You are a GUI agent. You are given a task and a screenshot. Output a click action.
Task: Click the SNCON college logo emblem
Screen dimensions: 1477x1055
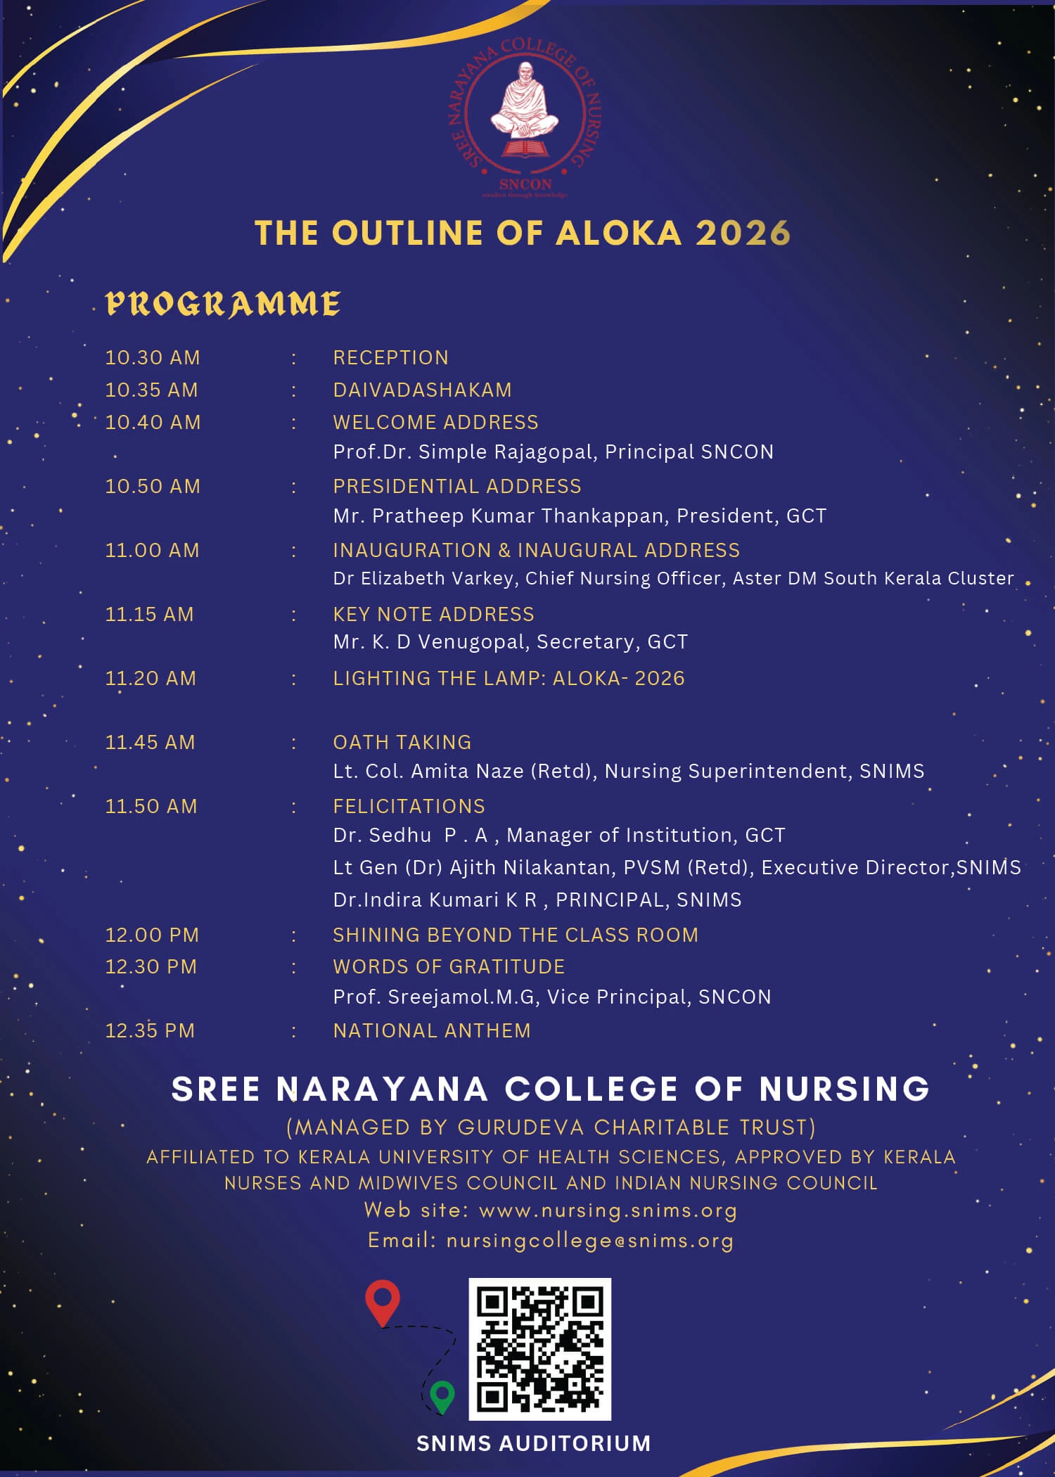click(x=525, y=117)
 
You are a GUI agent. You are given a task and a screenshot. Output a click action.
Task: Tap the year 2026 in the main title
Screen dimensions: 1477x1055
click(x=743, y=234)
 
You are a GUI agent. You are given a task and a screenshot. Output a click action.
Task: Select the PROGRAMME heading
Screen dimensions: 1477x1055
click(x=223, y=304)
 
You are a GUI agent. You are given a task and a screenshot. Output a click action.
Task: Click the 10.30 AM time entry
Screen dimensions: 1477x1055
click(x=153, y=357)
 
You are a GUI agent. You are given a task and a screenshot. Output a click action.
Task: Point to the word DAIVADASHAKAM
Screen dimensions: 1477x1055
click(x=422, y=390)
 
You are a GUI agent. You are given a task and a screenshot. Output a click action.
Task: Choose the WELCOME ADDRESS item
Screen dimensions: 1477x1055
click(x=435, y=422)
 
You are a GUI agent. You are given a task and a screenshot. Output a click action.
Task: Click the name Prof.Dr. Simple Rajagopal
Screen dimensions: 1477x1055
click(x=464, y=452)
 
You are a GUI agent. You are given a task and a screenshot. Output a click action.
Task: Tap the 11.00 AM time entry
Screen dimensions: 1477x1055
click(x=152, y=550)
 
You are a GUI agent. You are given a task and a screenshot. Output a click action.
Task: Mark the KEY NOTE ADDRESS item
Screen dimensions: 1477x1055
click(x=433, y=614)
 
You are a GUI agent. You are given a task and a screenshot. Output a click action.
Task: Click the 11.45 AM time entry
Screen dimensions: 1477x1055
click(x=150, y=742)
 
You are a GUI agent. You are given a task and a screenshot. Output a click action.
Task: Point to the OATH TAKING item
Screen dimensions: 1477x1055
click(x=402, y=742)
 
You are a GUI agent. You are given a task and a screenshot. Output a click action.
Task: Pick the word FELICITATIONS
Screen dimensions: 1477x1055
click(x=409, y=806)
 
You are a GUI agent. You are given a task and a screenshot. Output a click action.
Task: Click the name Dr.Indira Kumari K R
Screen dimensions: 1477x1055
click(x=435, y=900)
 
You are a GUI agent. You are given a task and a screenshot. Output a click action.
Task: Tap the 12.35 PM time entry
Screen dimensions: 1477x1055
click(x=150, y=1030)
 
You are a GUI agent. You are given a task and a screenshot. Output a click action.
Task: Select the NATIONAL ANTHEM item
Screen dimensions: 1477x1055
click(x=432, y=1030)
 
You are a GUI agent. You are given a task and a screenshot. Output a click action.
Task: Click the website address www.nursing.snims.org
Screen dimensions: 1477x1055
click(x=608, y=1210)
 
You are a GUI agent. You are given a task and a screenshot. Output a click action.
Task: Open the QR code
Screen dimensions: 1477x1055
click(x=539, y=1348)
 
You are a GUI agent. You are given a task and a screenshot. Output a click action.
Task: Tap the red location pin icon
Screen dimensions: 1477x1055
click(x=383, y=1302)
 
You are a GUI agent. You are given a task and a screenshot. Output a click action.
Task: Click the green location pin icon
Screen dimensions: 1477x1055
click(x=442, y=1396)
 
